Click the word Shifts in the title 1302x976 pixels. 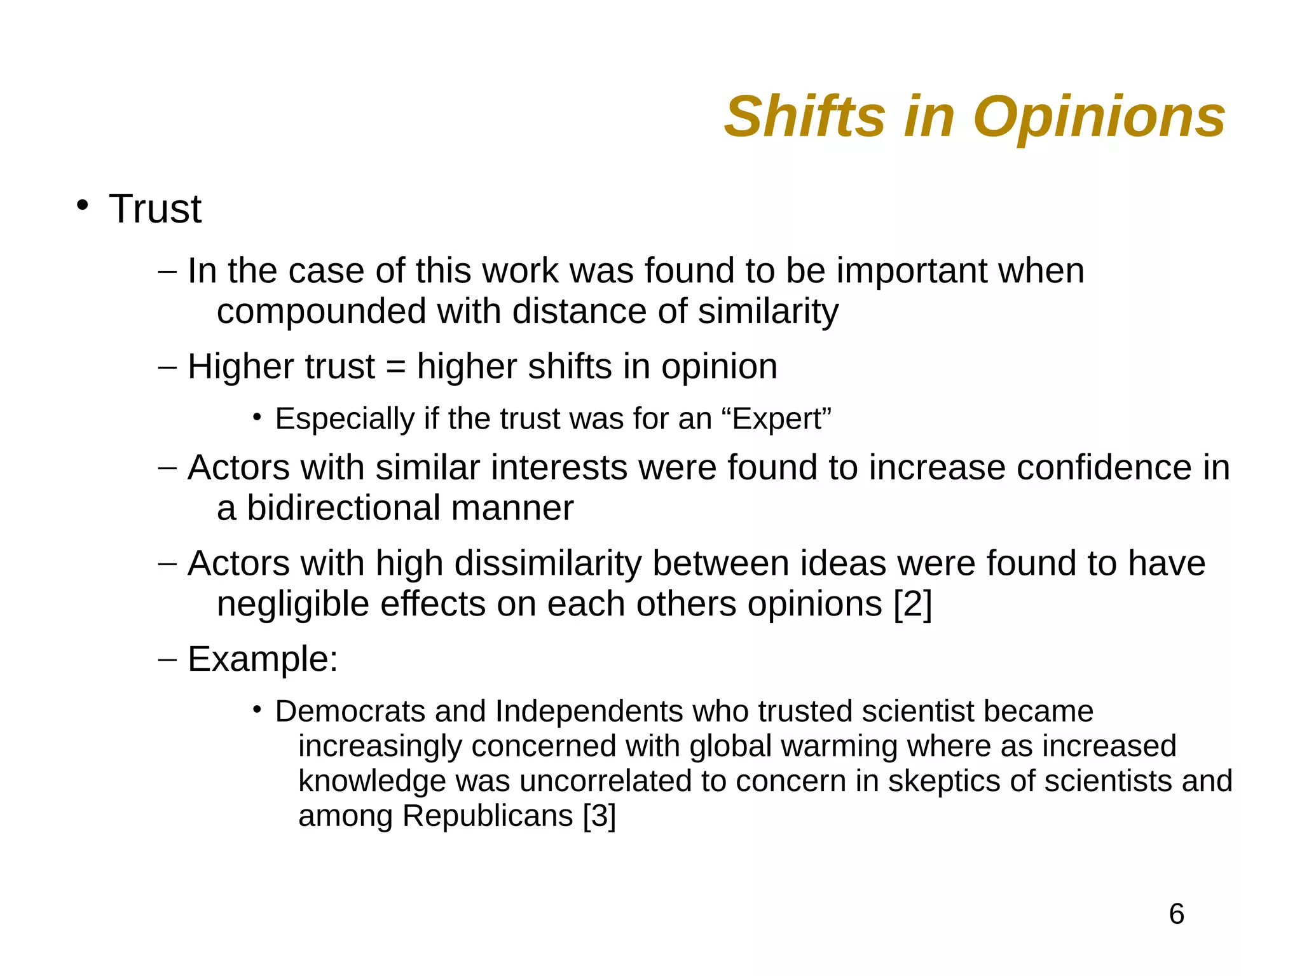pyautogui.click(x=804, y=117)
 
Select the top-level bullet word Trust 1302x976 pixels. pyautogui.click(x=155, y=209)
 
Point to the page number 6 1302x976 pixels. pyautogui.click(x=1176, y=914)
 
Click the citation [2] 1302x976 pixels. pyautogui.click(x=912, y=604)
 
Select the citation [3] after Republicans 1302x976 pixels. pyautogui.click(x=599, y=816)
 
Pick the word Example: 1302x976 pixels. pyautogui.click(x=263, y=659)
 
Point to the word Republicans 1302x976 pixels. pyautogui.click(x=488, y=816)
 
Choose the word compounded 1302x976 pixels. pyautogui.click(x=321, y=312)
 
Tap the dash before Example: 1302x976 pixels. pyautogui.click(x=167, y=659)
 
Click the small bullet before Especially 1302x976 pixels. pyautogui.click(x=257, y=418)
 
